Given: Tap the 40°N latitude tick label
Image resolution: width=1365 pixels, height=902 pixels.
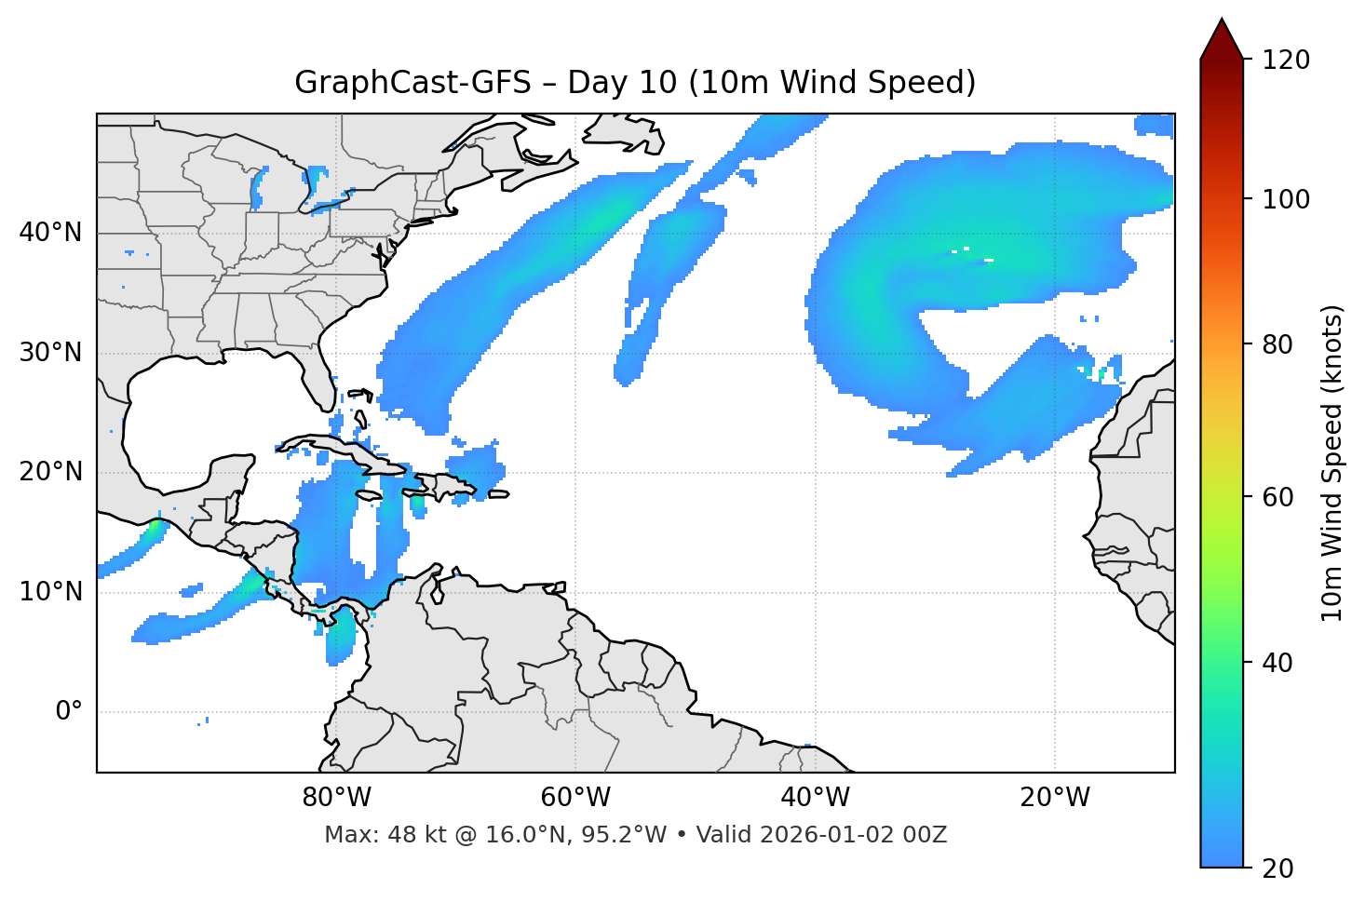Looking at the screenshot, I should coord(50,233).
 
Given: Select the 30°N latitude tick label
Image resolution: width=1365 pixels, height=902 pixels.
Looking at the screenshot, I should coord(50,353).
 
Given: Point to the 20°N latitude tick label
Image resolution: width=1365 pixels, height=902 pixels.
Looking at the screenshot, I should coord(50,472).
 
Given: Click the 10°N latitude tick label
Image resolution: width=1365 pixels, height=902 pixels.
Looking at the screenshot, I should coord(50,592).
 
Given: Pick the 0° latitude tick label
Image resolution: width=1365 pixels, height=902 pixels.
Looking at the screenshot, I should coord(68,712).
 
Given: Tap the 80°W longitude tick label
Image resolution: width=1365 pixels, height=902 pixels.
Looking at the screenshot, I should coord(336,798).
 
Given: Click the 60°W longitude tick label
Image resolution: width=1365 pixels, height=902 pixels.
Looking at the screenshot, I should coord(575,798).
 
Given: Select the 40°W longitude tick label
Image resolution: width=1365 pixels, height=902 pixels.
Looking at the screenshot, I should coord(815,798).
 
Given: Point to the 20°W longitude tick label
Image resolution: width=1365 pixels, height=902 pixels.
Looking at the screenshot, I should coord(1054,798).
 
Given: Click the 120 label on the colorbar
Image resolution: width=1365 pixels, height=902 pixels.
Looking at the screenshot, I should coord(1288,61).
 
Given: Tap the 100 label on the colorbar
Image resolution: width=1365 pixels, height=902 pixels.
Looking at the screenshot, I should coord(1288,199).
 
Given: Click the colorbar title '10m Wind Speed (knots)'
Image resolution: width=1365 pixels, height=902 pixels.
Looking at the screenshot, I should coord(1332,463).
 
